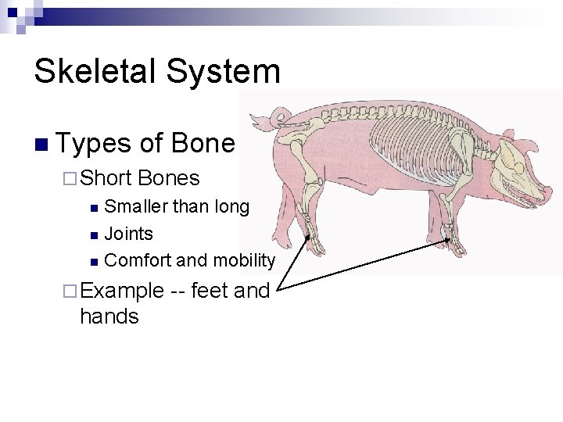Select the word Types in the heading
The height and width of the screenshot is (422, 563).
[x=94, y=144]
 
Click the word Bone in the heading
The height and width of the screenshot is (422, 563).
[x=204, y=143]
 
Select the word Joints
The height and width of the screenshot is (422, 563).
[x=128, y=234]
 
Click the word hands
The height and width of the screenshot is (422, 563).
[x=109, y=317]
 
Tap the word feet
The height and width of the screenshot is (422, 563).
[x=210, y=291]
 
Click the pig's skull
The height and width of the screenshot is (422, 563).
[x=512, y=160]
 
